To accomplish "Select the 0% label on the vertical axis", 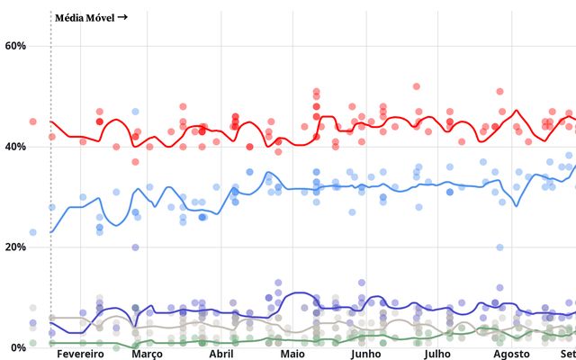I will (18, 347).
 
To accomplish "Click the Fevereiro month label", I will (81, 355).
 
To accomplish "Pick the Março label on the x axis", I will (147, 355).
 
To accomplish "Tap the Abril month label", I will (221, 355).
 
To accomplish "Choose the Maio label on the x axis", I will (292, 355).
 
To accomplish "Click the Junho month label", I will (365, 355).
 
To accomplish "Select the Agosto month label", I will (513, 355).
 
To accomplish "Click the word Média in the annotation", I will (70, 17).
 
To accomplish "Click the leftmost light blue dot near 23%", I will (33, 232).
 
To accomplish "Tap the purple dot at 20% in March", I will (136, 247).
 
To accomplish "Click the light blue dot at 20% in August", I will (499, 247).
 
